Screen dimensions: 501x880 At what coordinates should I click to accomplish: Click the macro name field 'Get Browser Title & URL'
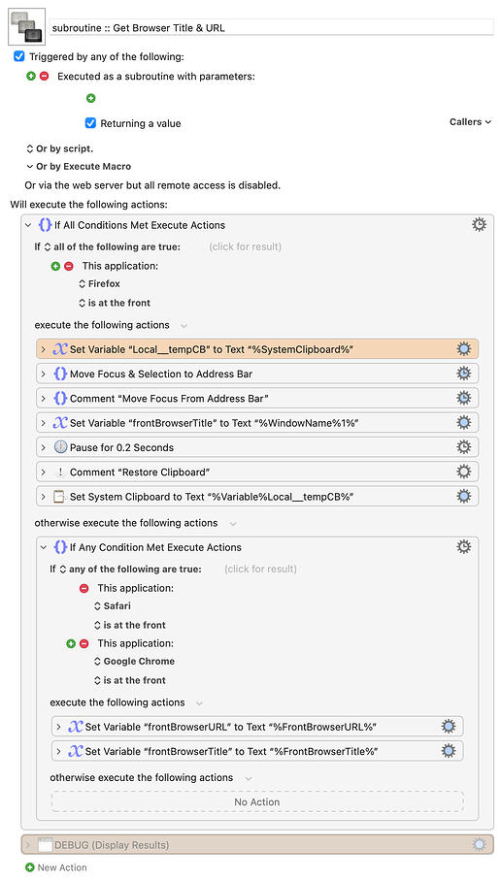(x=271, y=27)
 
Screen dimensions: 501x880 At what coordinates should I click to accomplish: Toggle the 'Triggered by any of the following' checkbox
(x=19, y=56)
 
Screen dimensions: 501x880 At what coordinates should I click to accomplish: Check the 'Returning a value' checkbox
(x=90, y=123)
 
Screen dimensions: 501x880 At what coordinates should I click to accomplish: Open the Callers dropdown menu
(x=470, y=122)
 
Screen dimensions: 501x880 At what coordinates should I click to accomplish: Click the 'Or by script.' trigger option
(x=59, y=148)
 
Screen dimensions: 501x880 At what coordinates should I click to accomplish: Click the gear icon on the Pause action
(x=463, y=447)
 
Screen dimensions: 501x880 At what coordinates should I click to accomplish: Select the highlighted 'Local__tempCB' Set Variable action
(x=257, y=349)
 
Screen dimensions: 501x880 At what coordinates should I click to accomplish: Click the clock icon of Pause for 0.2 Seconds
(x=60, y=447)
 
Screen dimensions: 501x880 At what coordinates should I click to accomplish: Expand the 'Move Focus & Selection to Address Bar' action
(x=44, y=374)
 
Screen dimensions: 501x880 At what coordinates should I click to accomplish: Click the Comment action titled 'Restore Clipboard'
(x=257, y=472)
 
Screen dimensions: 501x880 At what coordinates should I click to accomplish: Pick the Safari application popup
(x=113, y=606)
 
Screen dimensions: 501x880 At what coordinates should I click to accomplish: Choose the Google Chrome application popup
(x=134, y=661)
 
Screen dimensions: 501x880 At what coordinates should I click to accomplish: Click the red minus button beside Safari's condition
(x=83, y=588)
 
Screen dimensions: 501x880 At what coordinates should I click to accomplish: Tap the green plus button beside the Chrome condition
(x=71, y=643)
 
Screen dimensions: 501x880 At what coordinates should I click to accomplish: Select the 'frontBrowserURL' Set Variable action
(x=257, y=727)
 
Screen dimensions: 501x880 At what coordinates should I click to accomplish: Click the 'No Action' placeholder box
(x=257, y=802)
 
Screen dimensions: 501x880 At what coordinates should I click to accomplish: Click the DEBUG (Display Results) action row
(x=257, y=845)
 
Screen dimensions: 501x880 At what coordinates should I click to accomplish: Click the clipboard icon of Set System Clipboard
(x=59, y=497)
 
